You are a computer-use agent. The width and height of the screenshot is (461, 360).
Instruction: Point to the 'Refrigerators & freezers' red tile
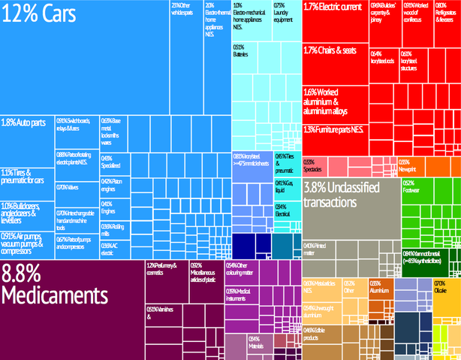point(447,23)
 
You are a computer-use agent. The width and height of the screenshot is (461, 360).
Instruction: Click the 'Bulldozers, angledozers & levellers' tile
point(26,213)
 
